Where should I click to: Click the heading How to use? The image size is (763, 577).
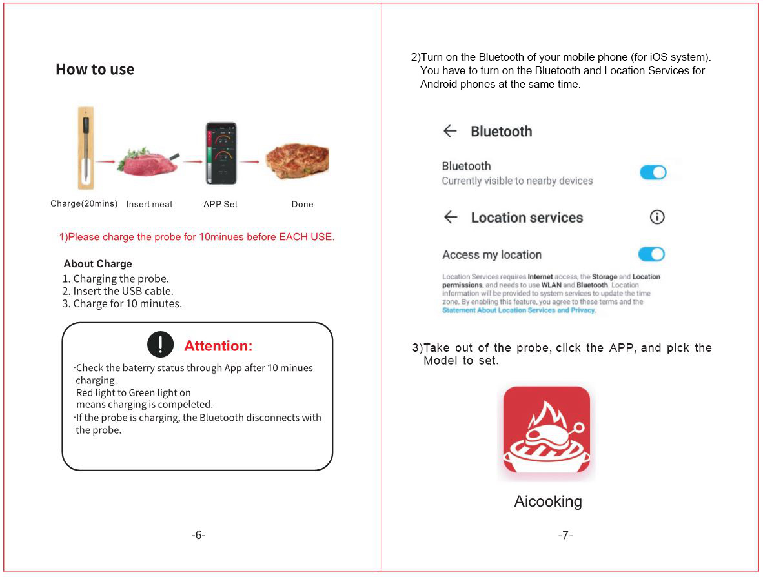[95, 70]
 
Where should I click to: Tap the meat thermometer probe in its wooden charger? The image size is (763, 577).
[86, 148]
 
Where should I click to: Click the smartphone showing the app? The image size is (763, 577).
[221, 154]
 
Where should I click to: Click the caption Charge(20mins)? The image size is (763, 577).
[84, 204]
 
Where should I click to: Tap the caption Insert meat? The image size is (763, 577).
[149, 205]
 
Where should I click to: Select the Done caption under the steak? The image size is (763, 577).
[302, 205]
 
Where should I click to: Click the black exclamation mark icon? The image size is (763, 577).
[160, 345]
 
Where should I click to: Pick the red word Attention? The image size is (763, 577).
[218, 346]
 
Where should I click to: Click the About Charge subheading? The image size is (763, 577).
[97, 264]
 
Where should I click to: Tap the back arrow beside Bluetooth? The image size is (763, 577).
[450, 131]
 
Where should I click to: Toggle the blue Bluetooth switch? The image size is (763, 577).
[653, 172]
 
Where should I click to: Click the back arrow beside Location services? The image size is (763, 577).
[451, 218]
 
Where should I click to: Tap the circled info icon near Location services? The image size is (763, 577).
[657, 218]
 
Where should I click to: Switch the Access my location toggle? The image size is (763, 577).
[651, 254]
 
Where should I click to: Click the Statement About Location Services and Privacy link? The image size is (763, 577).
[519, 310]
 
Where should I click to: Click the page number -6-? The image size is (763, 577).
[198, 535]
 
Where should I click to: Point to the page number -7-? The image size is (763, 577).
[565, 535]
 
